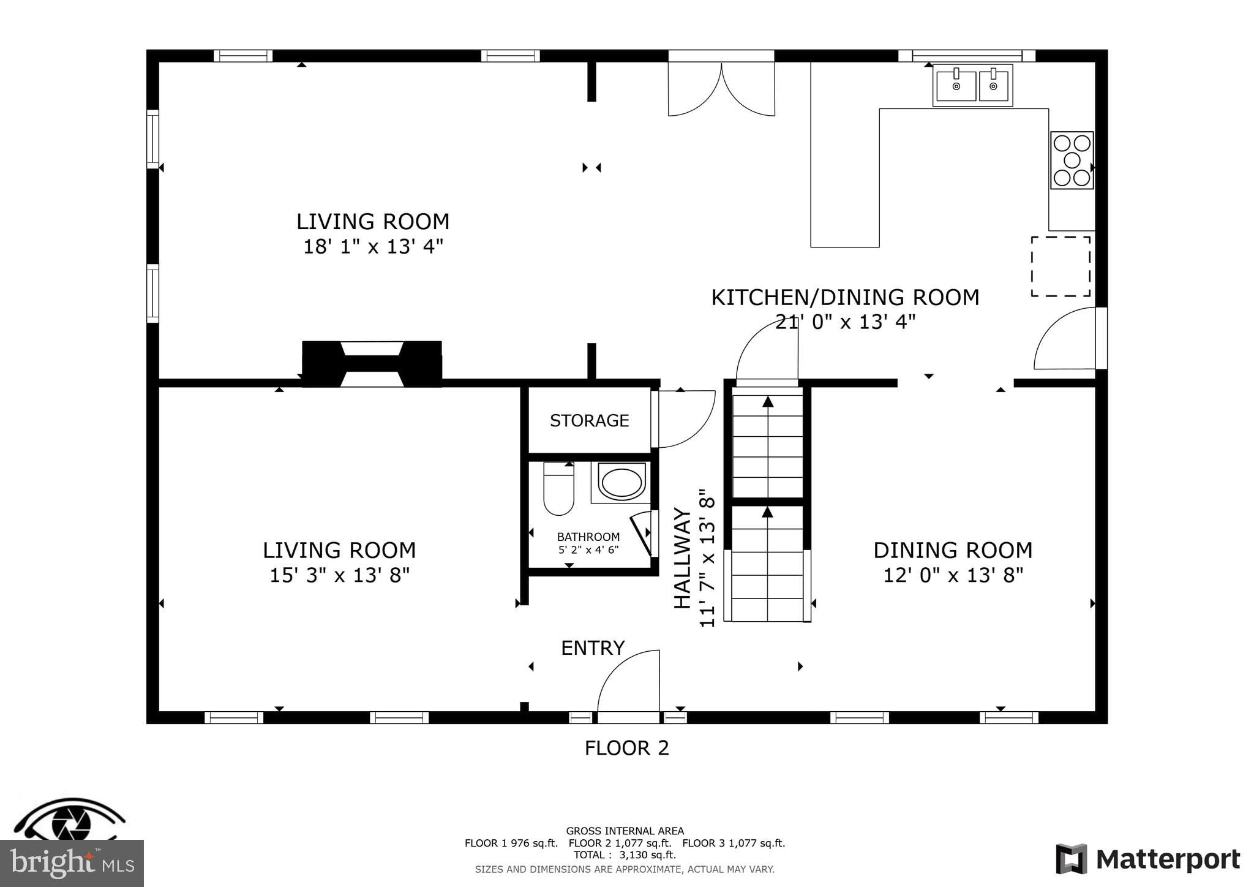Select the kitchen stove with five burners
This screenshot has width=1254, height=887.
point(1072,160)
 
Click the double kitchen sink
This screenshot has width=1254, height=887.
point(972,86)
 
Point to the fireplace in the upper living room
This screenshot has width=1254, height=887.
point(372,364)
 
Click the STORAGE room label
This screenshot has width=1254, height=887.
point(589,421)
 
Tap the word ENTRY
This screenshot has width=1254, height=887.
point(593,648)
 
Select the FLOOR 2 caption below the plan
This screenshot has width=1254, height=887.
point(626,748)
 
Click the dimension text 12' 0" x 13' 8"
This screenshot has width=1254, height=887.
point(953,576)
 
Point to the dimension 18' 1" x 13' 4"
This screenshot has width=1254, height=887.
point(373,247)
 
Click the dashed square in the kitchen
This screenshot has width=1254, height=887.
point(1061,266)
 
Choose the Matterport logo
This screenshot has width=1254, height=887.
point(1147,859)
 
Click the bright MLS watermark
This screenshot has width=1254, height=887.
point(72,864)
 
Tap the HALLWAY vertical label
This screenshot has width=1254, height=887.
point(682,559)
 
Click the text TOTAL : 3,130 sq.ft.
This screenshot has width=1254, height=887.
point(625,855)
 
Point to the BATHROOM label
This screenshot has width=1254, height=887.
point(588,537)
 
